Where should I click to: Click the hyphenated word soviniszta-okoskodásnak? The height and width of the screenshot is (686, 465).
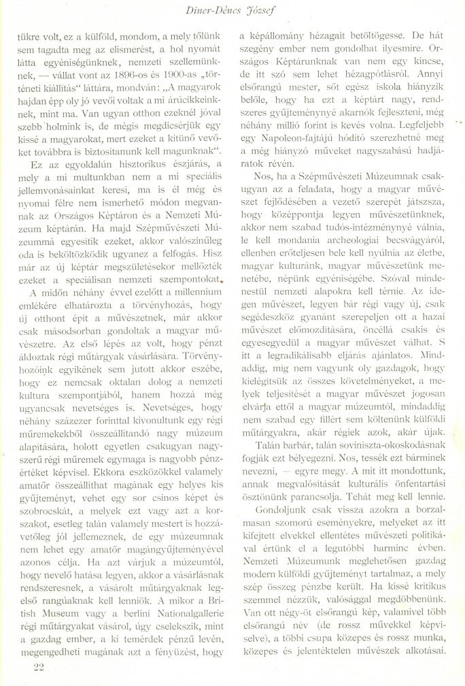pyautogui.click(x=368, y=455)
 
